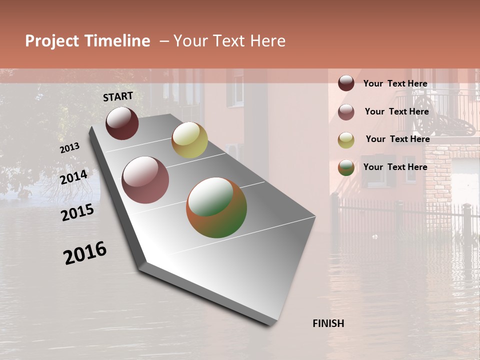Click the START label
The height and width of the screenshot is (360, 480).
click(x=118, y=96)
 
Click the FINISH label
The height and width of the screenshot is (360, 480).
click(x=328, y=323)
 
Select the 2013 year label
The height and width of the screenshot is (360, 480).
click(x=69, y=148)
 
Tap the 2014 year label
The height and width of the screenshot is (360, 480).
click(x=74, y=177)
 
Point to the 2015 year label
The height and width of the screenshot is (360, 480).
click(x=77, y=212)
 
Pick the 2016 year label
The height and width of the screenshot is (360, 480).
click(x=85, y=253)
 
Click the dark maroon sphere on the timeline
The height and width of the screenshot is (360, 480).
click(x=122, y=123)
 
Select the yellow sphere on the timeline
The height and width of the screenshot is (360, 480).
click(x=189, y=140)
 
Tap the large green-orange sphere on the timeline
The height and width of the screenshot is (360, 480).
click(x=216, y=207)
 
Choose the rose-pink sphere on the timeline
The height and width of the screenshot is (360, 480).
click(x=145, y=180)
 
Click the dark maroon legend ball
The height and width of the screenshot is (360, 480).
click(x=346, y=83)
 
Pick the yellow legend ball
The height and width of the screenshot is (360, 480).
click(x=346, y=140)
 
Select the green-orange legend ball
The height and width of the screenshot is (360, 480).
click(x=346, y=168)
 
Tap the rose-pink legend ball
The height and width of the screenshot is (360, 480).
click(x=346, y=112)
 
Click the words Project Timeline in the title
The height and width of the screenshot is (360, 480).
click(x=87, y=41)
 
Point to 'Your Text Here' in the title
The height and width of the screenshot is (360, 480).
click(x=229, y=41)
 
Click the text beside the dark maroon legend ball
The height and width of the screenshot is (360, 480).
click(x=395, y=83)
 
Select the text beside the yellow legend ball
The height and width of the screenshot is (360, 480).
click(x=397, y=139)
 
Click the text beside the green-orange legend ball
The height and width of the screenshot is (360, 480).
click(x=395, y=167)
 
